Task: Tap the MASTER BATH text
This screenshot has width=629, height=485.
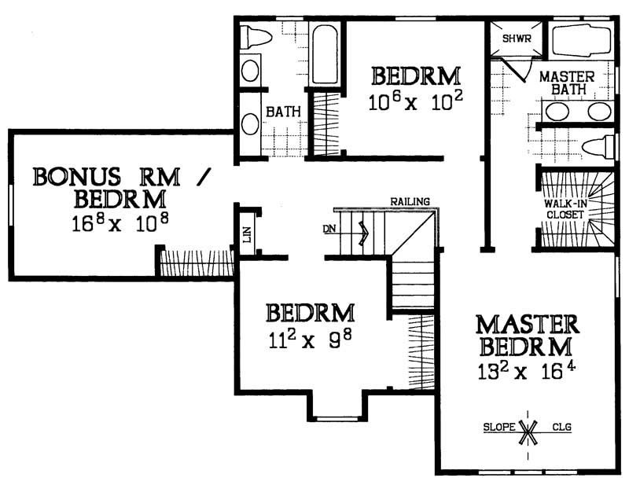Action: (x=567, y=83)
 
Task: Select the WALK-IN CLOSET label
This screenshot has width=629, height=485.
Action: (x=563, y=208)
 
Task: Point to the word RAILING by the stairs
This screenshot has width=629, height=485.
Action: (x=410, y=202)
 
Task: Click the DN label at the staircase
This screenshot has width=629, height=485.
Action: (x=330, y=230)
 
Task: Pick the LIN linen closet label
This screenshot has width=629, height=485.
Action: (x=246, y=234)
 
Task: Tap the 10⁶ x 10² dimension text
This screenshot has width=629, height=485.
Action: (x=415, y=101)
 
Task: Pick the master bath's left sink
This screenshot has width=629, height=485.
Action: (x=557, y=110)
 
